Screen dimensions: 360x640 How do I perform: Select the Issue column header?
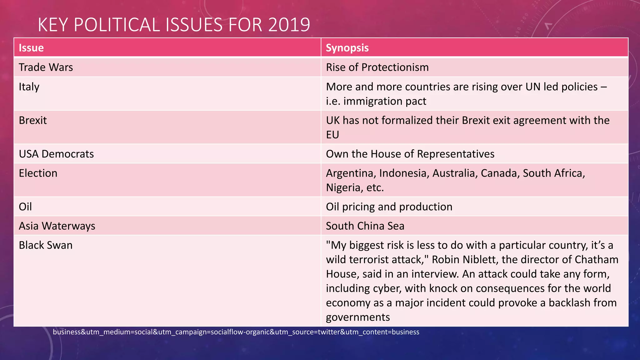click(31, 48)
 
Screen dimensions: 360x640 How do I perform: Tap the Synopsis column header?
click(347, 48)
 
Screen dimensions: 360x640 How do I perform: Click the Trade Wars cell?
click(46, 67)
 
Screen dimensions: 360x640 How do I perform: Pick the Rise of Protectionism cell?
click(377, 67)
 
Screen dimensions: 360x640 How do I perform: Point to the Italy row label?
click(29, 87)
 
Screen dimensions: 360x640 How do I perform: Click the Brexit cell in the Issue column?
click(33, 120)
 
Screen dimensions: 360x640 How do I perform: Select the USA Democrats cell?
click(56, 154)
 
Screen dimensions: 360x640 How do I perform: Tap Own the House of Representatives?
click(410, 154)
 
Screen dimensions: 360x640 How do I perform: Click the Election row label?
click(38, 173)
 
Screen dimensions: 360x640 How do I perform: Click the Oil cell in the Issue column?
click(25, 207)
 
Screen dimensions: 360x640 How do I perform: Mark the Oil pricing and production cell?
click(389, 207)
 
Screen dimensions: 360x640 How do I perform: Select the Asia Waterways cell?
click(57, 226)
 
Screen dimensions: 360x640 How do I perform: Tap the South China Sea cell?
click(365, 226)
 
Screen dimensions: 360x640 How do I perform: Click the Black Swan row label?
click(46, 245)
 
